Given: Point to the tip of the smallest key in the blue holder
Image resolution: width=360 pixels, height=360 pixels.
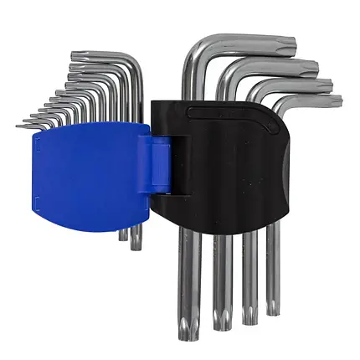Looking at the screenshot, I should click(x=18, y=126).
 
